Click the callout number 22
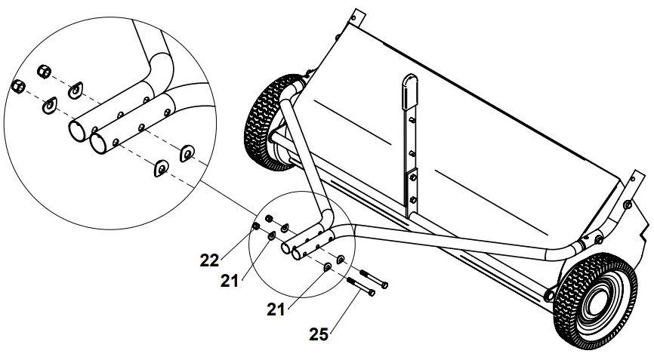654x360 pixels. coord(209,260)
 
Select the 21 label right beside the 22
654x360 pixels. coord(230,281)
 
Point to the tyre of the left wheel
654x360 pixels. coord(261,124)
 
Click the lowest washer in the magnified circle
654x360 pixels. coord(159,168)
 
